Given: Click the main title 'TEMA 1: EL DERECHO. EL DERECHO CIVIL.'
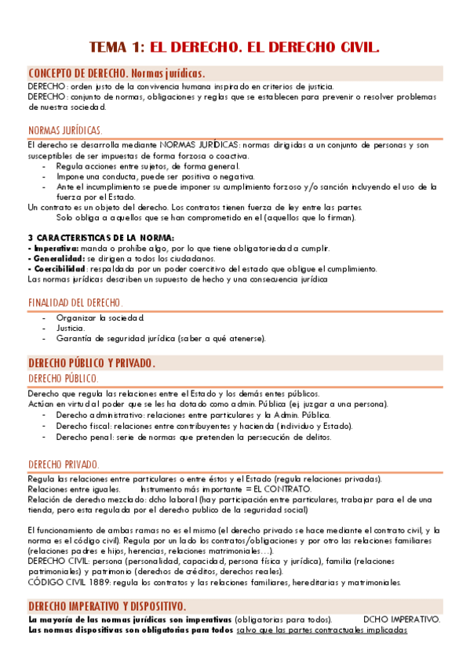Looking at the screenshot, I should coord(235,47).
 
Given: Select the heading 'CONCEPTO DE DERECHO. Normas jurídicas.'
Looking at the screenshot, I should coord(116,73).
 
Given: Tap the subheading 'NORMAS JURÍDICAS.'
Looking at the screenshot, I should coord(64,130).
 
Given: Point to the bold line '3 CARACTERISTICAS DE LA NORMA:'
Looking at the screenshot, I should coord(100,238).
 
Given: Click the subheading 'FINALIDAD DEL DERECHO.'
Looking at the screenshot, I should coord(75,302).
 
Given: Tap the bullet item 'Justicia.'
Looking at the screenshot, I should coord(71,328).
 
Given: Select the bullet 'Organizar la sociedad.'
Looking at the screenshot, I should coord(100,318).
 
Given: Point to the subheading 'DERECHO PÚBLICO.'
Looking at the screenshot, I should coord(63,379).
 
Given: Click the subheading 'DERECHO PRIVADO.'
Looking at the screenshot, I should coord(63,464).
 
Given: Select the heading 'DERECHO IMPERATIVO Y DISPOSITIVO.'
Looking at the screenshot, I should coord(107,607).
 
